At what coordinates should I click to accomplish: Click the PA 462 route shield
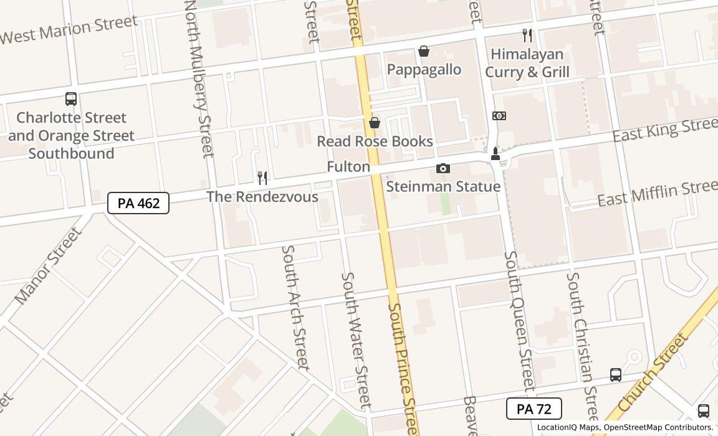click(138, 203)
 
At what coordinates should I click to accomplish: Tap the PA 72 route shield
click(534, 409)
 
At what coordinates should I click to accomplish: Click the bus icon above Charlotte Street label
click(71, 98)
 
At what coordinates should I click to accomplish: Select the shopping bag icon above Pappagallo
click(424, 51)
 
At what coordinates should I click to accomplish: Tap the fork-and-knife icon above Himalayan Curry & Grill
click(527, 36)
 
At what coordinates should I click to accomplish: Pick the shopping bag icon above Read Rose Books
click(375, 123)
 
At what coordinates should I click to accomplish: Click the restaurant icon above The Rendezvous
click(262, 178)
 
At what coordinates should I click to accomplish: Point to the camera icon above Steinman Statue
click(443, 168)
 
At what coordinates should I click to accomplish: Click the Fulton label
click(348, 167)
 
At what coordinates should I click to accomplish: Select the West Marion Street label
click(68, 29)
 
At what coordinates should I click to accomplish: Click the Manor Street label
click(48, 266)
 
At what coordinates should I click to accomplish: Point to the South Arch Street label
click(295, 306)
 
